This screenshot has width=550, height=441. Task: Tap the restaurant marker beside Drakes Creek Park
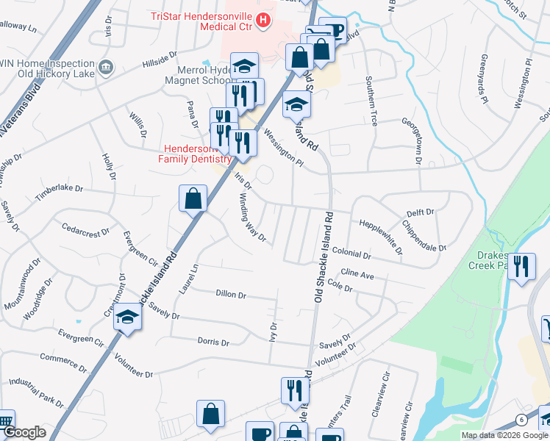pos(521,266)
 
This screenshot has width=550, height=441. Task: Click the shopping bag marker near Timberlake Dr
pos(193,198)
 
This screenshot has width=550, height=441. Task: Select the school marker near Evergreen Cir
pos(127,318)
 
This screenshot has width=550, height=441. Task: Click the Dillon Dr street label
pos(231,294)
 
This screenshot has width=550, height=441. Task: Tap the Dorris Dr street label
pos(213,341)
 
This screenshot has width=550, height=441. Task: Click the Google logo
pos(25,433)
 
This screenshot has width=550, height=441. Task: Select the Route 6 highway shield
pos(521,419)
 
